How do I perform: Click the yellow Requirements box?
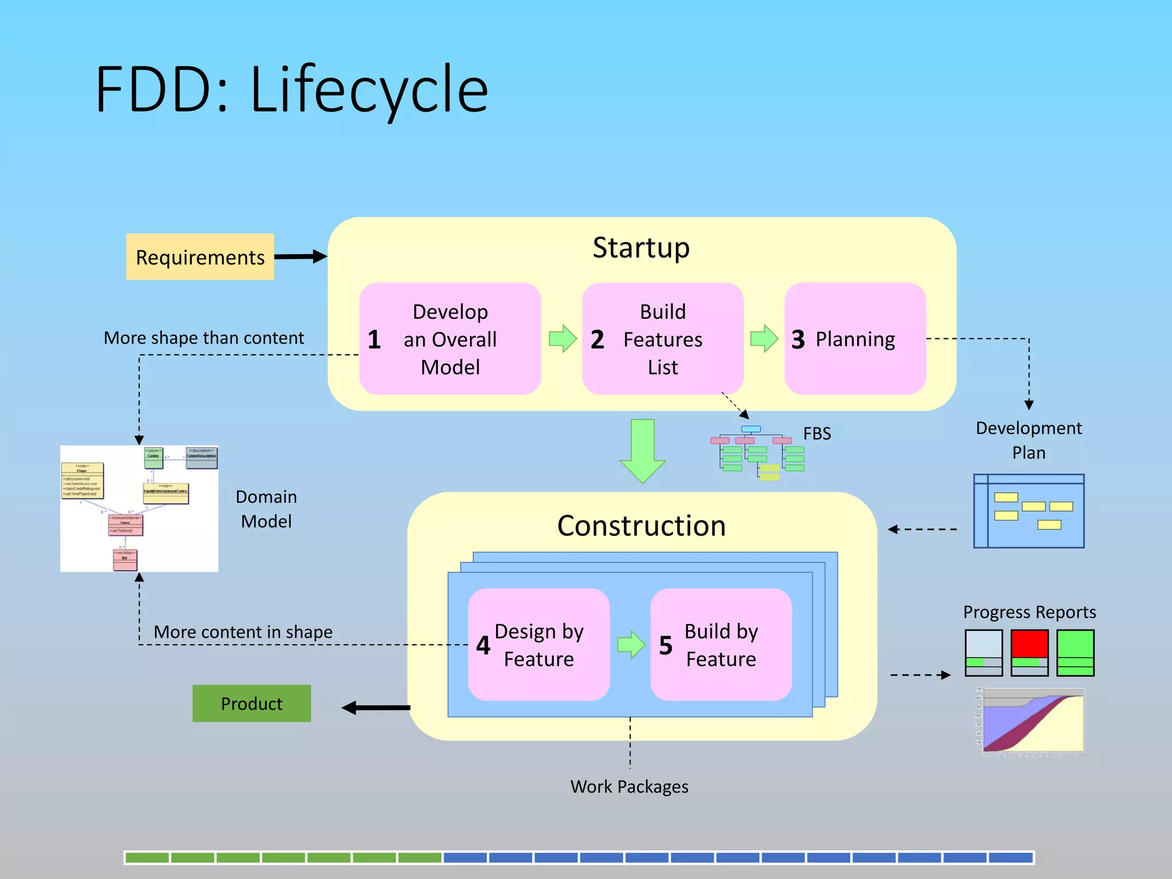click(x=200, y=257)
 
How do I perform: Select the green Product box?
click(x=251, y=703)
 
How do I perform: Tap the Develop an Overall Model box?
click(x=450, y=339)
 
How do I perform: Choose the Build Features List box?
click(x=662, y=339)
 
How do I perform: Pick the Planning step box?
click(x=855, y=339)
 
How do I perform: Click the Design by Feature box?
click(x=539, y=645)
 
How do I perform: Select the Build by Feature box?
click(x=720, y=645)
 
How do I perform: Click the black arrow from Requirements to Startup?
click(x=300, y=256)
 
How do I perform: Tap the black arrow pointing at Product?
click(x=375, y=708)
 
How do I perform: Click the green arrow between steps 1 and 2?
click(x=563, y=339)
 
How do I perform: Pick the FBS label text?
click(x=817, y=434)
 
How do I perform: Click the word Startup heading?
click(x=641, y=248)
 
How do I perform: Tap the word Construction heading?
click(x=642, y=526)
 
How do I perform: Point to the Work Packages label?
click(x=629, y=787)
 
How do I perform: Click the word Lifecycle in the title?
click(x=369, y=90)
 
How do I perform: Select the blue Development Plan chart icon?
click(x=1028, y=511)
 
